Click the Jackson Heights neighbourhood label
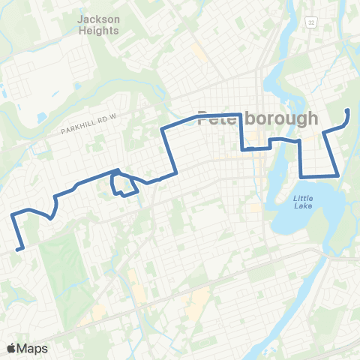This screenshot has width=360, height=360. tap(98, 24)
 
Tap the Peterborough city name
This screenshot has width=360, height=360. tap(257, 118)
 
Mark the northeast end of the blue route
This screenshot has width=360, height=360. tap(347, 110)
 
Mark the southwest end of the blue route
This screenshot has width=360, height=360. tap(18, 248)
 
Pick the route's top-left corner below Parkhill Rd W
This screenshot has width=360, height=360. tap(163, 130)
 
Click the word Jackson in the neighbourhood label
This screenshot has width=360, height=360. tap(98, 18)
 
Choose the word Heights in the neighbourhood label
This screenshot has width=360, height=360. tap(98, 31)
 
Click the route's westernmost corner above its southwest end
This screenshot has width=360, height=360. tap(13, 216)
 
